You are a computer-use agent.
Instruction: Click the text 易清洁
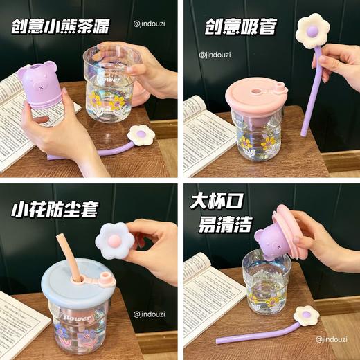215,226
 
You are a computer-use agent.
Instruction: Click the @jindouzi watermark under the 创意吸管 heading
214,54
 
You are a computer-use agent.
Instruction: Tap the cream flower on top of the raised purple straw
312,31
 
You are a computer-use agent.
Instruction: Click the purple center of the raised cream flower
312,30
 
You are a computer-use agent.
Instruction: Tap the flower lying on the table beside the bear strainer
142,134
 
